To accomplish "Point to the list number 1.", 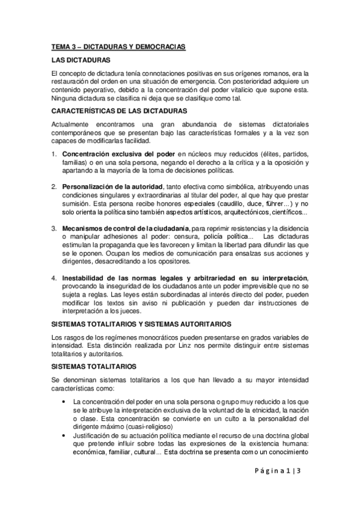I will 53,153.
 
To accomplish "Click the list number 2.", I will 53,186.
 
